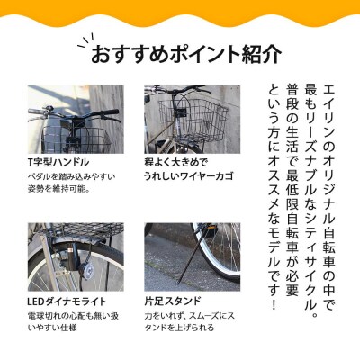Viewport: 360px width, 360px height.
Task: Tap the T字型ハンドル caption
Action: pos(58,162)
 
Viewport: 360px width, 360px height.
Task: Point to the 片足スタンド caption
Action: pos(172,300)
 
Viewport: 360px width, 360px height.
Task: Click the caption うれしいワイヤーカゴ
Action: pos(188,176)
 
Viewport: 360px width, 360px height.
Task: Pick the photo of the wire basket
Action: pos(192,120)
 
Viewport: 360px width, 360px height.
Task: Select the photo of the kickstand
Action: pos(192,256)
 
